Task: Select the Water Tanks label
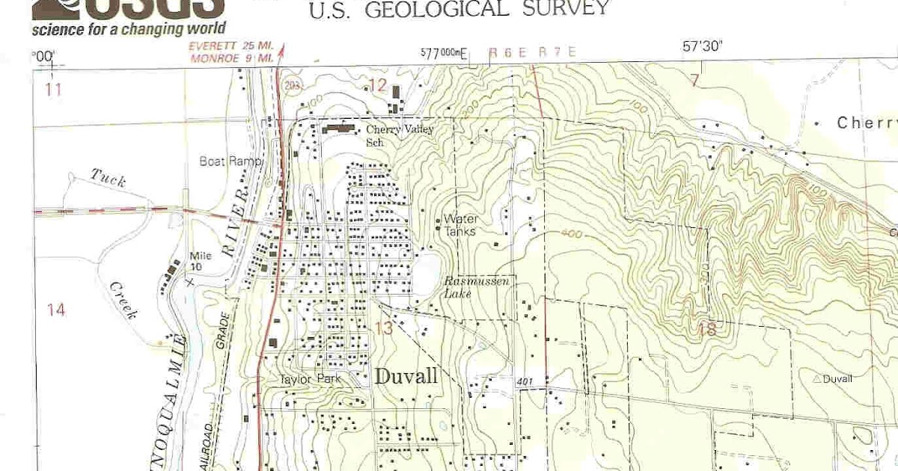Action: point(460,225)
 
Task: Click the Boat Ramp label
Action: point(230,161)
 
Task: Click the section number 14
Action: point(55,310)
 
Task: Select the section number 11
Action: point(52,90)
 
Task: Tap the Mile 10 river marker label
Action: point(200,261)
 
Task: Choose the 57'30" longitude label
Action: point(701,46)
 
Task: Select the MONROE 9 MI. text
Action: point(230,57)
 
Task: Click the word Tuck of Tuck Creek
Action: point(109,177)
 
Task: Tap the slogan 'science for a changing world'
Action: point(128,29)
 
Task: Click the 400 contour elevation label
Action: point(570,234)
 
